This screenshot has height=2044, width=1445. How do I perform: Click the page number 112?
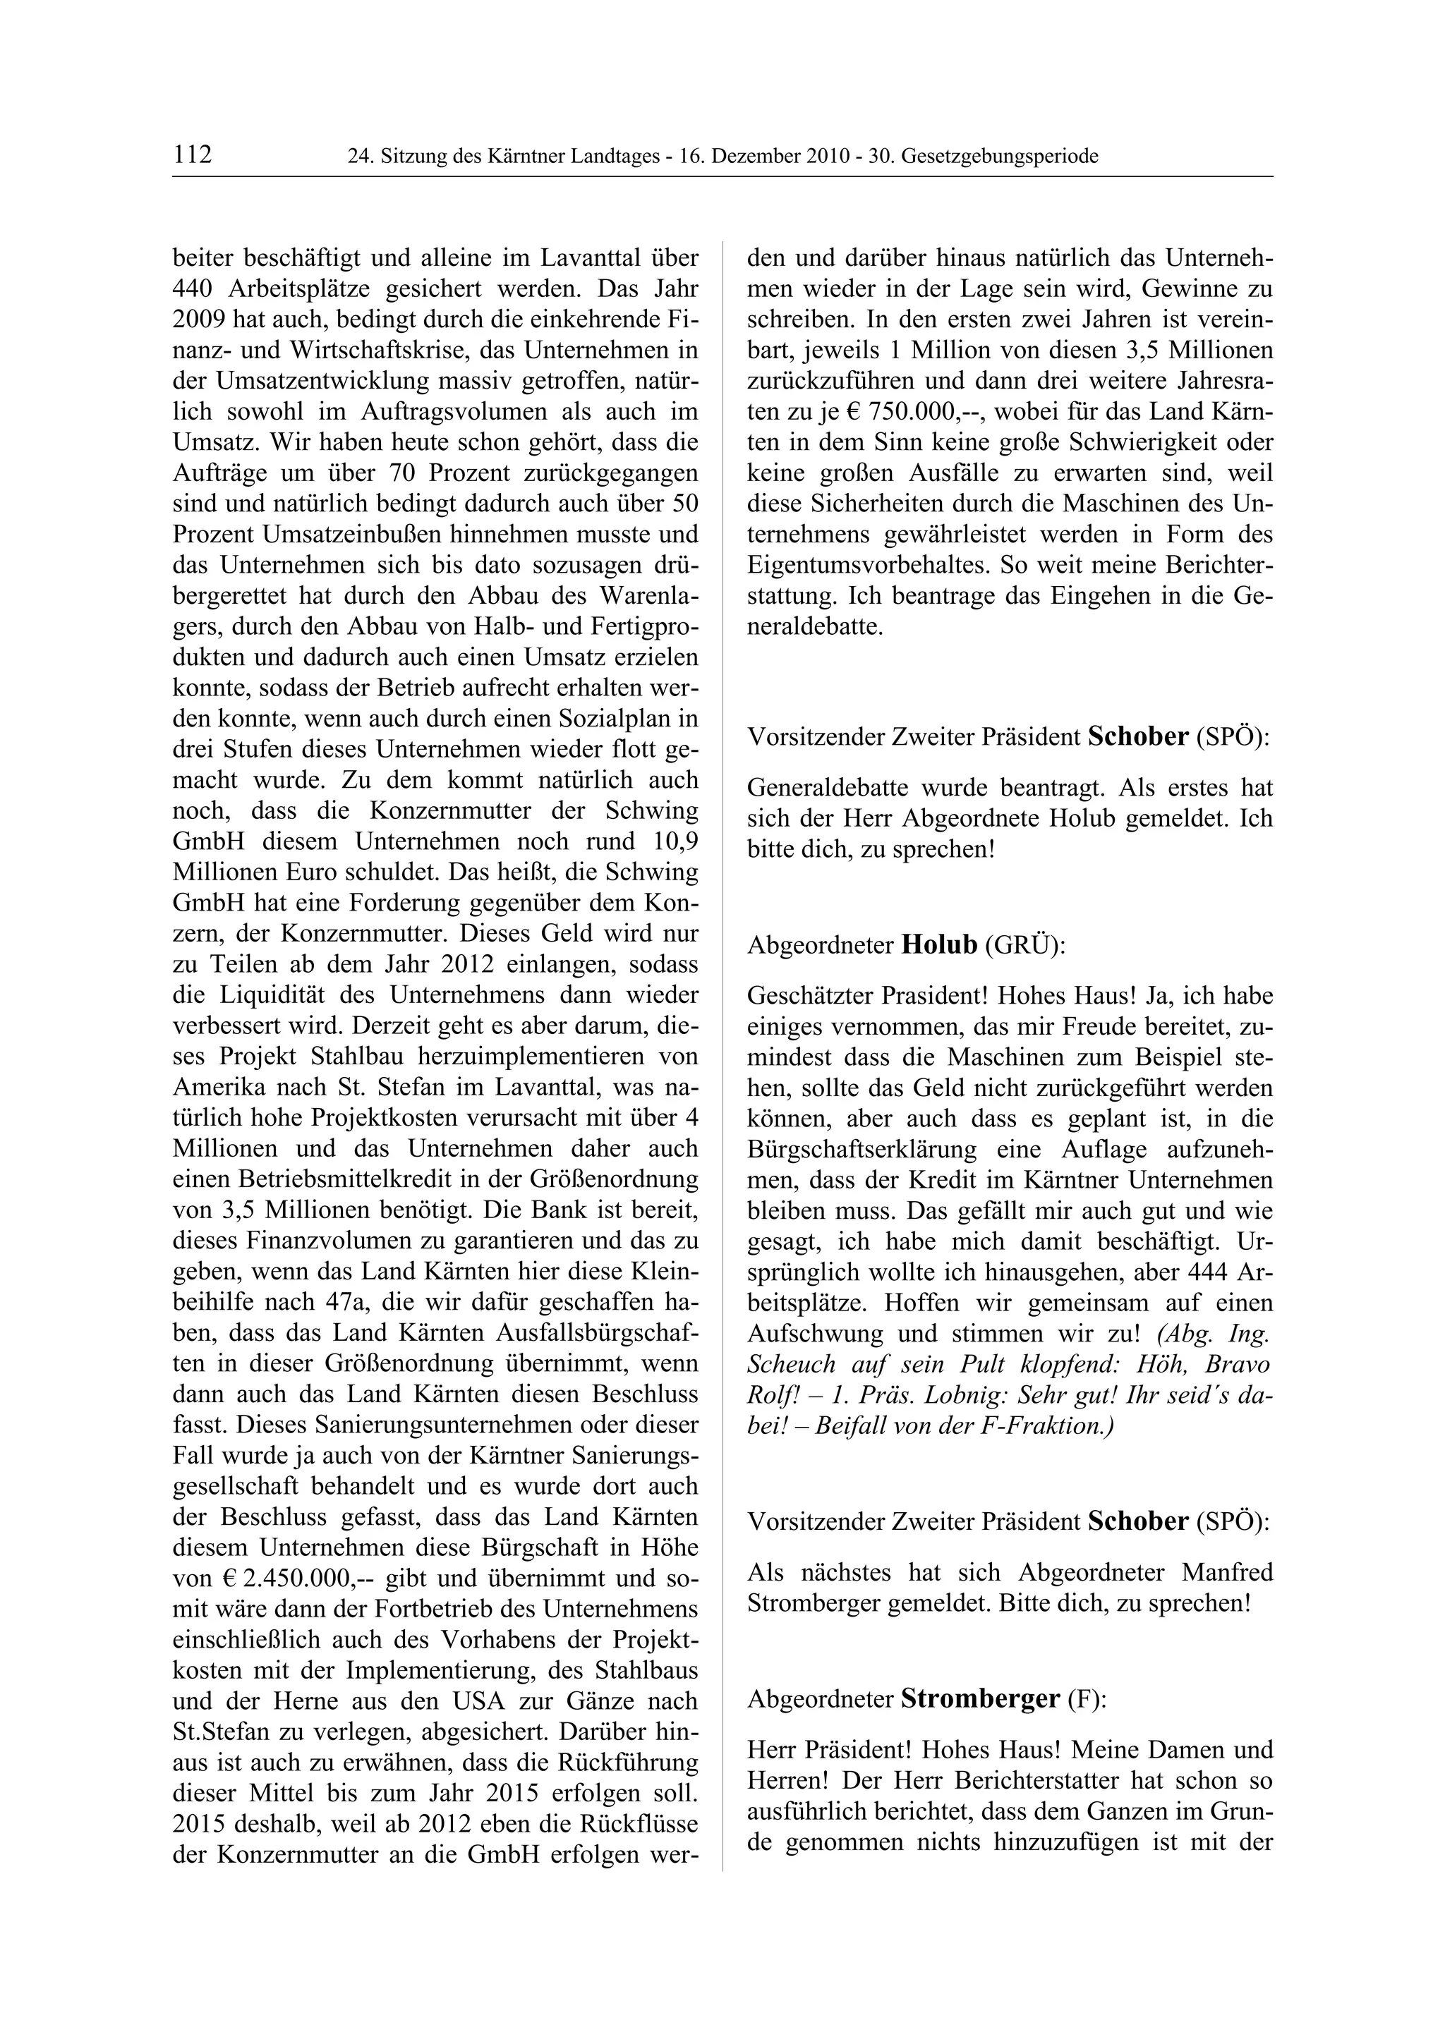coord(193,155)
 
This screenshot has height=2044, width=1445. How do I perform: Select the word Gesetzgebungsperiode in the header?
coord(1000,157)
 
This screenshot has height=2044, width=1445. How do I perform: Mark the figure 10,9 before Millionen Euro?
coord(670,841)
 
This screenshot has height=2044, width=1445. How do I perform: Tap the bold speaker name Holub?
coord(939,944)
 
